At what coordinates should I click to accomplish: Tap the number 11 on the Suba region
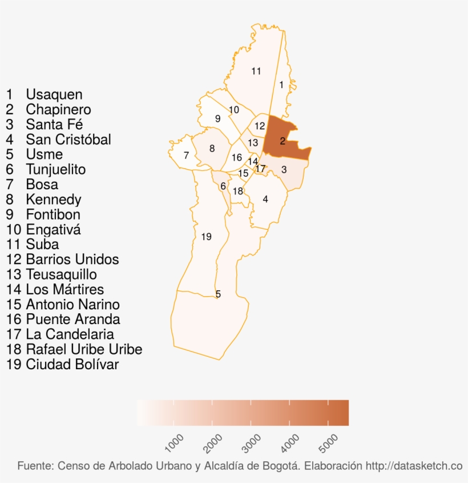(x=256, y=71)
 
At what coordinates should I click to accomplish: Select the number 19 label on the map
(x=207, y=237)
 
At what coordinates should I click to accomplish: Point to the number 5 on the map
(x=218, y=294)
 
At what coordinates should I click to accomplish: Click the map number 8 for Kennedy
(x=212, y=149)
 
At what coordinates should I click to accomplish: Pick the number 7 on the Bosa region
(x=186, y=155)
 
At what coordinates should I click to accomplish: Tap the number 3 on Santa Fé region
(x=284, y=170)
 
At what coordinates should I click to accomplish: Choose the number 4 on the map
(x=265, y=199)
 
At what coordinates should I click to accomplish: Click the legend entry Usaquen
(x=54, y=95)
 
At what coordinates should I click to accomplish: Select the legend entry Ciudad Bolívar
(x=72, y=364)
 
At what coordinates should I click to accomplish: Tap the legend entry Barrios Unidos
(x=72, y=260)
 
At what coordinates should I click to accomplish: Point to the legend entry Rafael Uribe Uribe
(x=84, y=349)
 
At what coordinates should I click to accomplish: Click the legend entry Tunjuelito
(x=55, y=170)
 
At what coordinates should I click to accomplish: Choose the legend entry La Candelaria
(x=70, y=334)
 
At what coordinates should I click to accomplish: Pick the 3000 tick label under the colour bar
(x=252, y=442)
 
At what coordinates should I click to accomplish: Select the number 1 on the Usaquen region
(x=281, y=85)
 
